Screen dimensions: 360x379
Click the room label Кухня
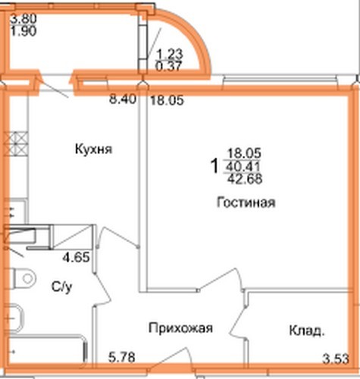click(93, 149)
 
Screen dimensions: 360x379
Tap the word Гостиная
click(246, 202)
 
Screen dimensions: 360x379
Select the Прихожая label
click(180, 328)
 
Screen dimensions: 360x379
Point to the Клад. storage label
click(307, 330)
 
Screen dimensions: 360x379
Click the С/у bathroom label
click(62, 287)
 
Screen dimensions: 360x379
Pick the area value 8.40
click(123, 99)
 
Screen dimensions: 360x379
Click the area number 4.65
click(77, 258)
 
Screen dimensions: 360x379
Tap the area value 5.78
click(122, 358)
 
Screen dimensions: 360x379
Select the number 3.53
click(336, 359)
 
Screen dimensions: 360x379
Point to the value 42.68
click(245, 179)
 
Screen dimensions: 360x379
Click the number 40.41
click(243, 167)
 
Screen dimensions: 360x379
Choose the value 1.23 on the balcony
click(170, 54)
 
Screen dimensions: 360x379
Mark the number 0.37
click(168, 67)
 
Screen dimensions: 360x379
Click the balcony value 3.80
click(23, 19)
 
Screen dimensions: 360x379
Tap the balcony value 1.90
click(23, 31)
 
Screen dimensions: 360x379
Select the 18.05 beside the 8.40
click(167, 101)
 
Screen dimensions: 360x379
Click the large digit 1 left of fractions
click(214, 166)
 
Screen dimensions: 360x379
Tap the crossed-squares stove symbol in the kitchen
click(16, 143)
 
